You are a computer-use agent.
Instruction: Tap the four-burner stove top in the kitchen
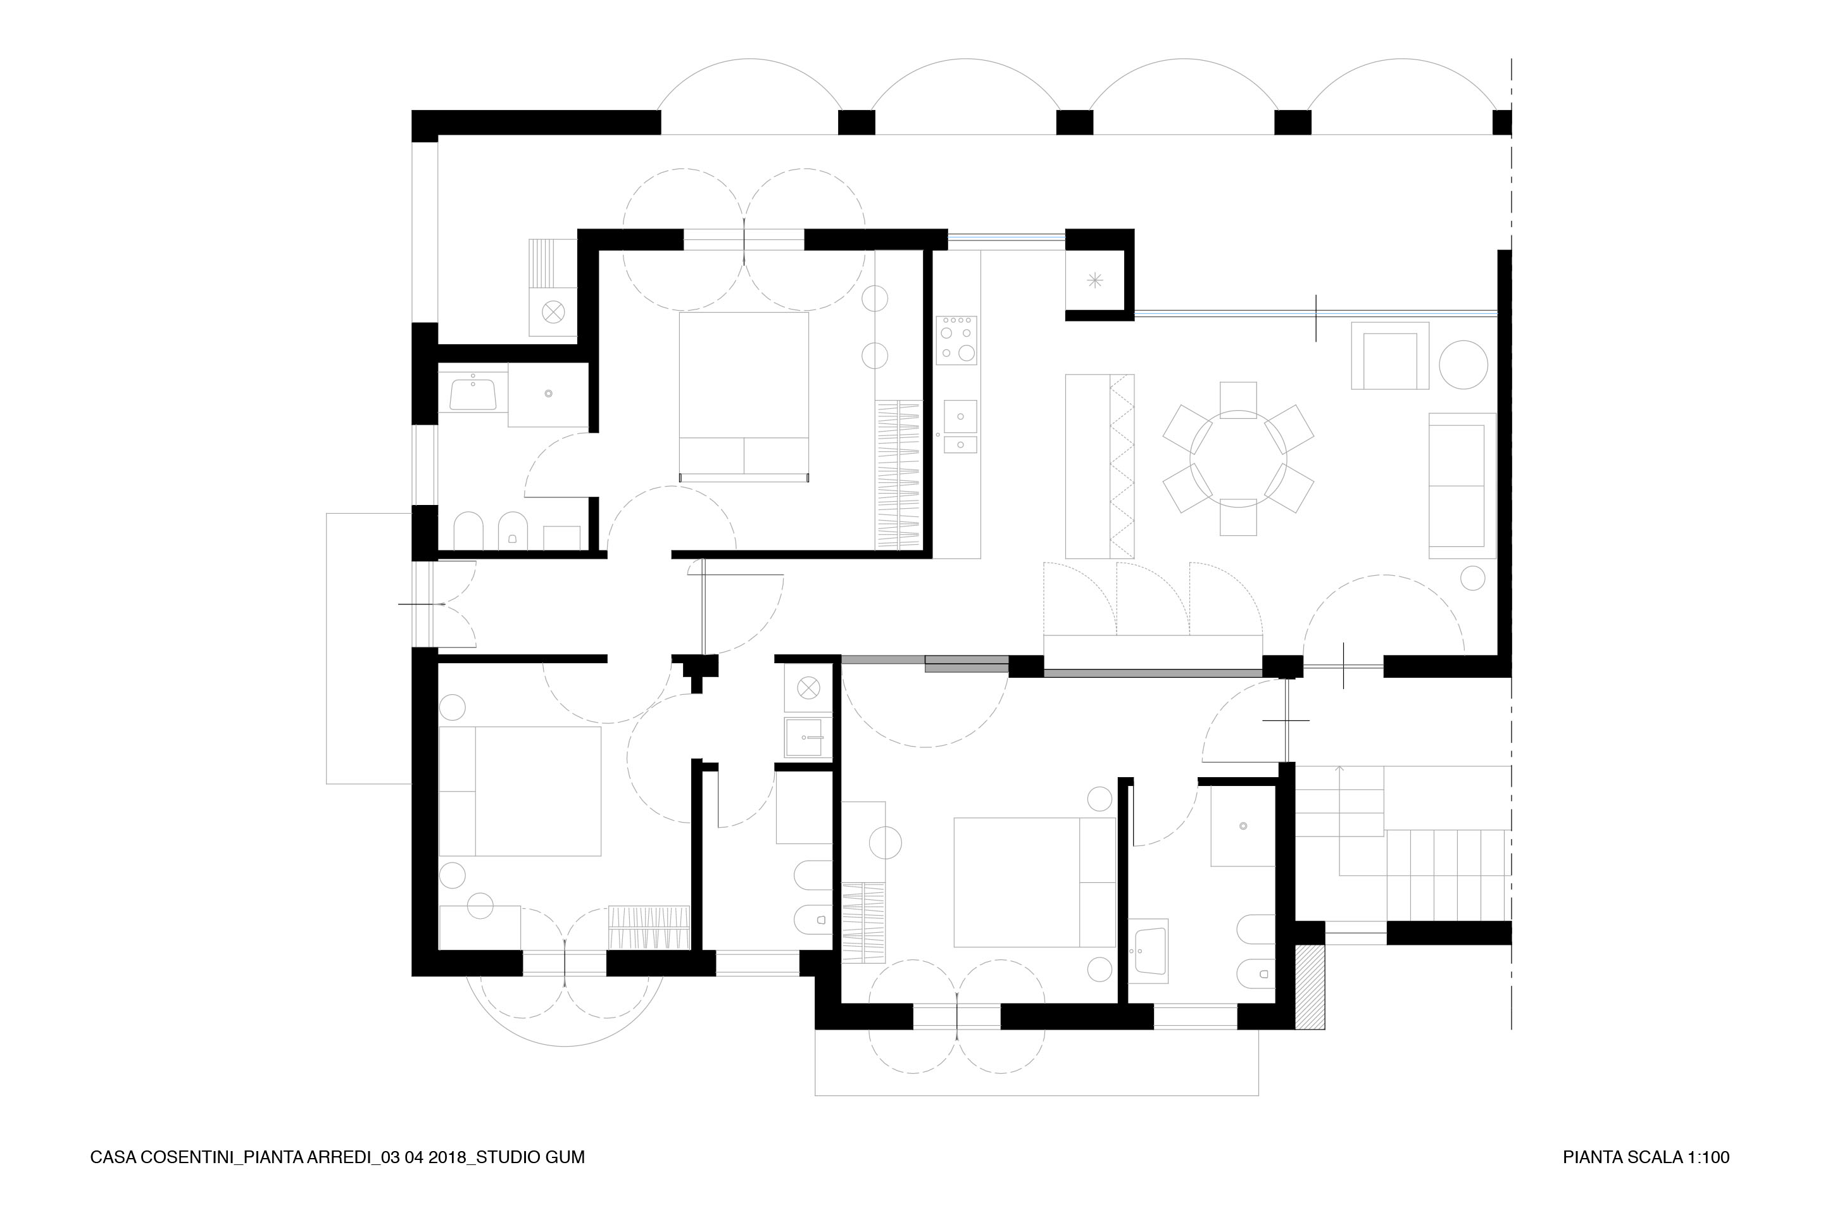pos(956,340)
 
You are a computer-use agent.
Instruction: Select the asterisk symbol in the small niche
pos(1094,280)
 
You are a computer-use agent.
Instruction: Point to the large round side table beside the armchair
pos(1463,364)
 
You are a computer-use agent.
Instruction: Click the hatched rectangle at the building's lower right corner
pos(1310,987)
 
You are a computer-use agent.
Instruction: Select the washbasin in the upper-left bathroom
pos(473,393)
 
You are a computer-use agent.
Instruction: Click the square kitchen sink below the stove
pos(960,417)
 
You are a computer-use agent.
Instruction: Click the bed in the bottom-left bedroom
pos(520,791)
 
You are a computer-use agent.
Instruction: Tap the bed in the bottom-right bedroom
pos(1034,882)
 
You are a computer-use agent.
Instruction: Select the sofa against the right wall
pos(1461,486)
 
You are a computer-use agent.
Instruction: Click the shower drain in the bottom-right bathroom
pos(1243,826)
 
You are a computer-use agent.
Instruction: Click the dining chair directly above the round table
pos(1238,400)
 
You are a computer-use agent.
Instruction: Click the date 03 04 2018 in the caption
pos(424,1157)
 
